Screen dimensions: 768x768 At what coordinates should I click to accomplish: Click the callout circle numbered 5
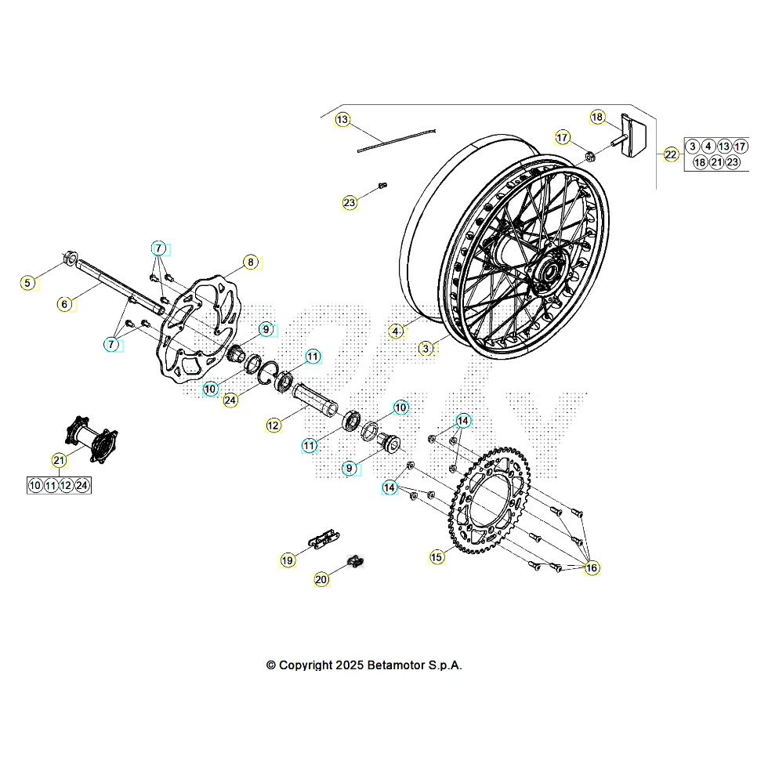(x=28, y=282)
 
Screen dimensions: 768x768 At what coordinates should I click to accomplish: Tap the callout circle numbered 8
(x=250, y=263)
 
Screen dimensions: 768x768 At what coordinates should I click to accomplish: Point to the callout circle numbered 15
(x=437, y=557)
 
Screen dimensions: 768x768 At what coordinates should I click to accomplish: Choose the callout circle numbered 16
(x=591, y=567)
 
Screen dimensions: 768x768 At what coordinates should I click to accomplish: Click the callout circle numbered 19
(x=288, y=560)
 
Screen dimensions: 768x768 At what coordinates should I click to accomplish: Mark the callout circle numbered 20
(x=321, y=580)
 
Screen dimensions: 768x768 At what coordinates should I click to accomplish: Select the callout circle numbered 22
(x=671, y=154)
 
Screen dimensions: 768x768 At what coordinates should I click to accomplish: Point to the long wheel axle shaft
(x=118, y=288)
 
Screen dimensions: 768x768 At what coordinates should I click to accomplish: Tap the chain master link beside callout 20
(x=357, y=561)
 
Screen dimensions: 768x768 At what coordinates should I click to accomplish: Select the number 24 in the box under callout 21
(x=82, y=486)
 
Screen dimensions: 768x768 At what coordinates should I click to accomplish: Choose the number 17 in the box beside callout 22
(x=740, y=147)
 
